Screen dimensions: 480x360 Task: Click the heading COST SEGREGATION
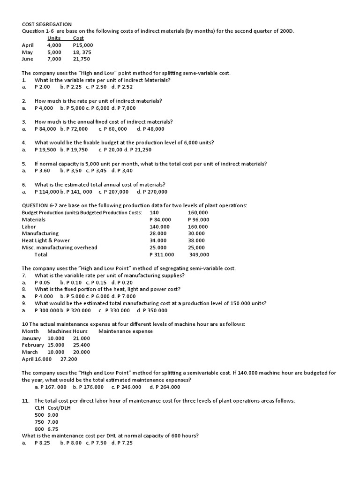point(47,24)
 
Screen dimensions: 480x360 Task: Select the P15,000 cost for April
point(83,45)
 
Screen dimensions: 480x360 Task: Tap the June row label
point(27,59)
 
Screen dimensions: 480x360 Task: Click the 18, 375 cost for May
point(82,52)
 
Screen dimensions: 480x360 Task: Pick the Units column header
point(54,38)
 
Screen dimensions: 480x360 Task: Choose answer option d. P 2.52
point(122,87)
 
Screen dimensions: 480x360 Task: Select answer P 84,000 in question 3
point(45,129)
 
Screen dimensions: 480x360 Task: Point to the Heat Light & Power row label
point(46,240)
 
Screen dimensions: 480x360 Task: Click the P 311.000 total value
point(161,255)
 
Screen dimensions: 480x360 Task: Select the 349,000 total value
point(199,255)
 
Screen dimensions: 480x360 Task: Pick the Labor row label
point(29,227)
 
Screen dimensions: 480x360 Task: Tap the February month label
point(33,345)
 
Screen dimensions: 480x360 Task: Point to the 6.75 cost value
point(53,429)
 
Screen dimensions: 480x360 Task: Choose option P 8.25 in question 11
point(42,443)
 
